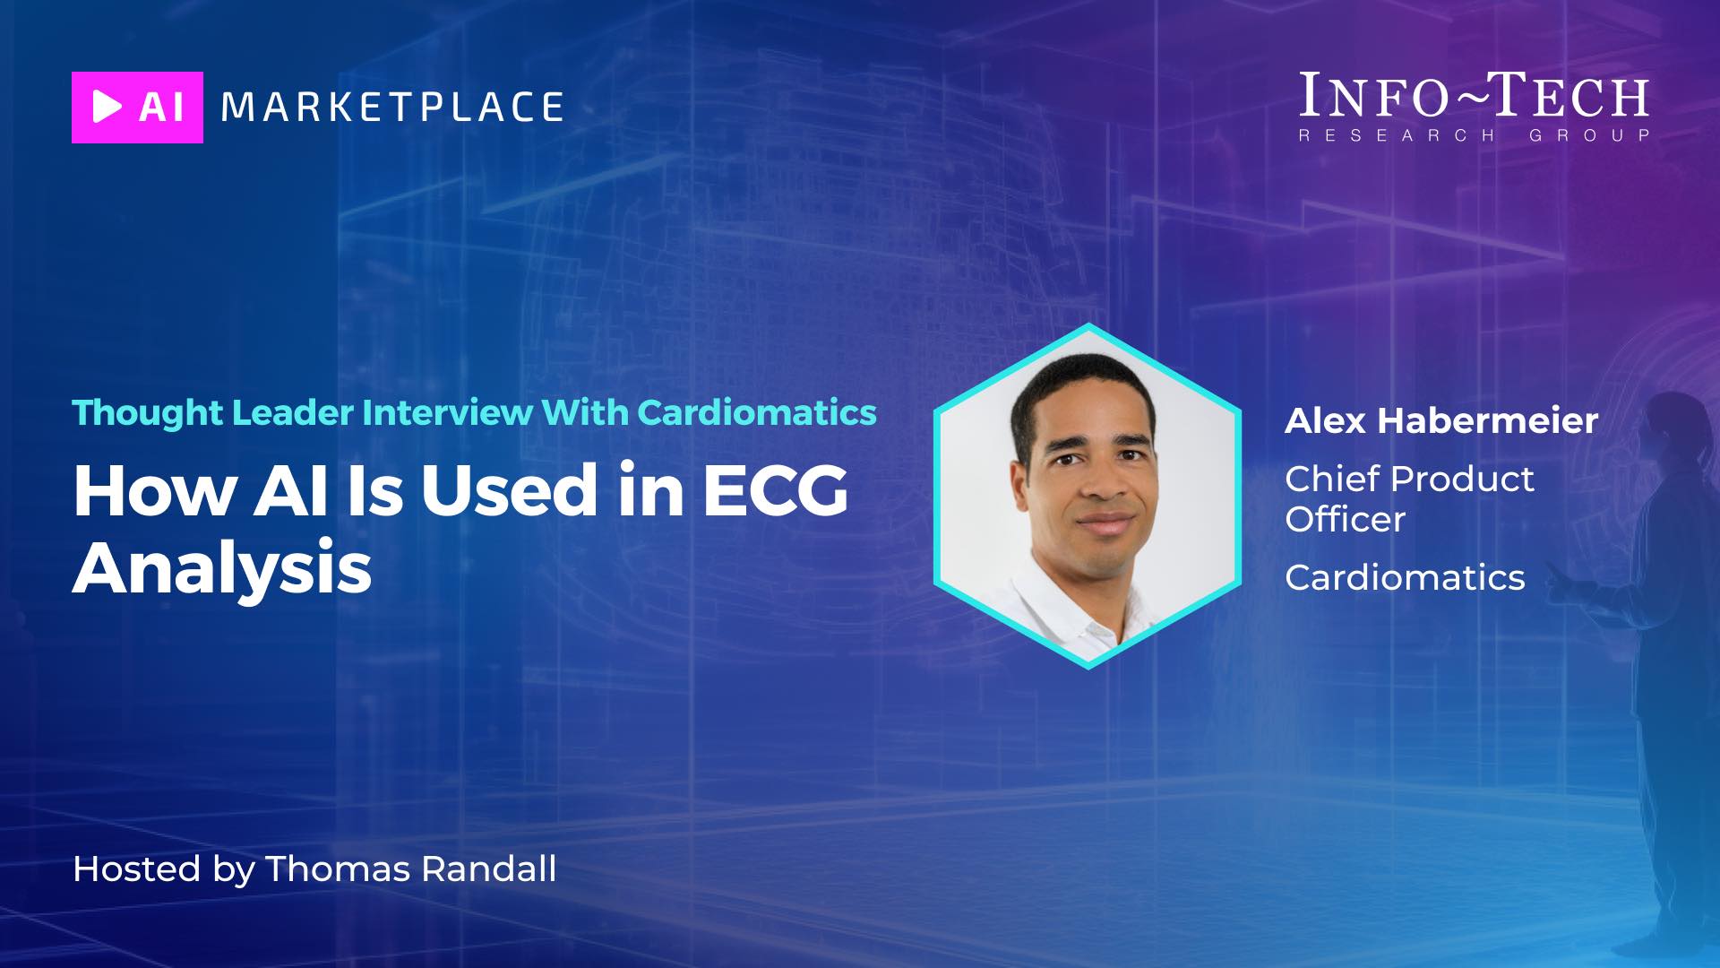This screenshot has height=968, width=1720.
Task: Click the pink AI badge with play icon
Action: [137, 108]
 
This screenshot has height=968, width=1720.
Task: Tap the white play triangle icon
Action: [107, 107]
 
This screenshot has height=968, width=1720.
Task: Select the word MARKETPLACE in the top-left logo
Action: [392, 107]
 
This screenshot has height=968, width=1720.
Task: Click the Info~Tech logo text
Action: [1474, 95]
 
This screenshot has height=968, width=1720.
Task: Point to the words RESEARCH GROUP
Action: [1475, 135]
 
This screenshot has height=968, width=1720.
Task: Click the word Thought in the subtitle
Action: [148, 413]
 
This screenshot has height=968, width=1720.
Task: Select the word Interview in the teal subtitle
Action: [448, 412]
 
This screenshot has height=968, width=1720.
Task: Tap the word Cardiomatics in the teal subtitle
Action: [757, 412]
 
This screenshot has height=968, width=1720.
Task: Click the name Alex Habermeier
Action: [1441, 420]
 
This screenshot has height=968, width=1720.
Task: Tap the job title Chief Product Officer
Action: [1409, 498]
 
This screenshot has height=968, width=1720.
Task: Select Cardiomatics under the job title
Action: [1405, 577]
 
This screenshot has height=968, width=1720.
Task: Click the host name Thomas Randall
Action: [411, 869]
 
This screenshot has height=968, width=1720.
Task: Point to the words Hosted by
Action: [164, 869]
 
